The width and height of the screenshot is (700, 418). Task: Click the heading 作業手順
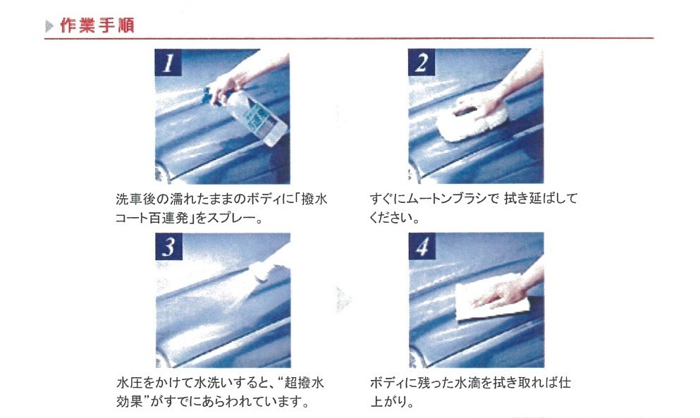pyautogui.click(x=97, y=26)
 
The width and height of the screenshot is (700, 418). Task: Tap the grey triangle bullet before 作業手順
pyautogui.click(x=49, y=26)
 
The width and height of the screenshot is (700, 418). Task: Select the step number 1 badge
pyautogui.click(x=168, y=63)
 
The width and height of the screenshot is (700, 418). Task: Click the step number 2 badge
pyautogui.click(x=422, y=62)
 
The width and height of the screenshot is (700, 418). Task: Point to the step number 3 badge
pyautogui.click(x=168, y=246)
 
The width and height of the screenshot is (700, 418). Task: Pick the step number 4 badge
pyautogui.click(x=422, y=245)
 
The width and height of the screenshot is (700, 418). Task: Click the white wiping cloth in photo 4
pyautogui.click(x=491, y=298)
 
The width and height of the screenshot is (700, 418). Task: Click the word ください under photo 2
pyautogui.click(x=389, y=218)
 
